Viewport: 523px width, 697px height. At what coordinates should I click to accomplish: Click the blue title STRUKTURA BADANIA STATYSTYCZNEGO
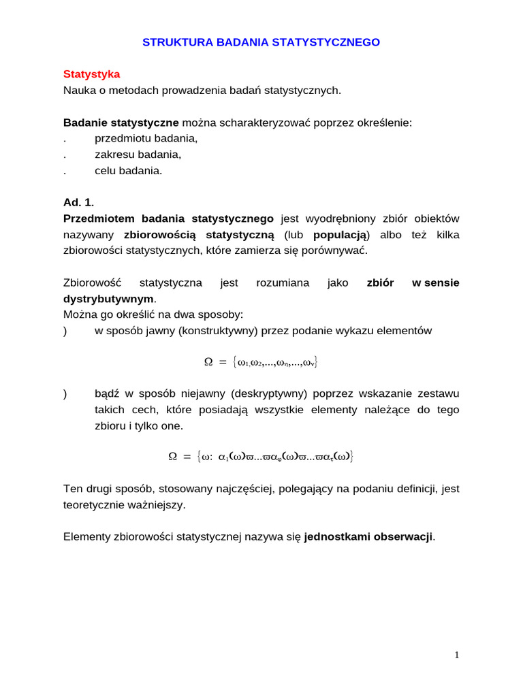click(261, 42)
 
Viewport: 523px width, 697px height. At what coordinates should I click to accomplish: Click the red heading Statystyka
click(91, 74)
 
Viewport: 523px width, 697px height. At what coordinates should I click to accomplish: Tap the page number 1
click(457, 655)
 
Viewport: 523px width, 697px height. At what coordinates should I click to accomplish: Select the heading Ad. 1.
click(79, 203)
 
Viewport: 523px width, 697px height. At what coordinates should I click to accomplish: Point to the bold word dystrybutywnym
click(109, 299)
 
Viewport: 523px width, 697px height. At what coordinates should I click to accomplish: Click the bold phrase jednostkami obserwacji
click(368, 536)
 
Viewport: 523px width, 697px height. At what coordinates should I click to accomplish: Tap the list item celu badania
click(129, 171)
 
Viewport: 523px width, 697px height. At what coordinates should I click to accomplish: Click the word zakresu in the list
click(112, 155)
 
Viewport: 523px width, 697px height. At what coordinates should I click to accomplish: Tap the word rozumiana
click(283, 282)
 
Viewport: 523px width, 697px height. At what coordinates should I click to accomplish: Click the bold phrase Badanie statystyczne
click(121, 123)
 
